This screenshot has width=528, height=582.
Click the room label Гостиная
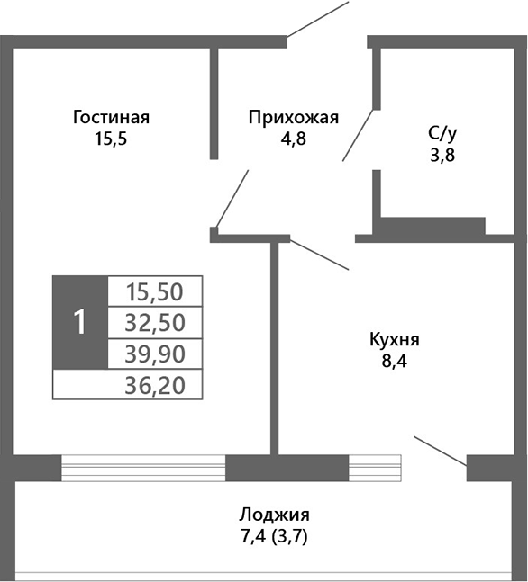point(111,117)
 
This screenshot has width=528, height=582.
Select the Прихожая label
point(293,117)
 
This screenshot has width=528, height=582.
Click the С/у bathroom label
point(442,133)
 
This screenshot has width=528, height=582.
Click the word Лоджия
point(275,515)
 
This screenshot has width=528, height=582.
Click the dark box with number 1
point(79,321)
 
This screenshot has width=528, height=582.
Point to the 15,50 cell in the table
point(154,291)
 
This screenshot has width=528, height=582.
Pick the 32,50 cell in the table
point(154,321)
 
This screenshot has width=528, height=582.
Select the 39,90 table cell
point(154,352)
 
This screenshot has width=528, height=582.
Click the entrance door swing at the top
point(317,20)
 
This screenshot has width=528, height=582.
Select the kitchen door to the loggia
point(440,450)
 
